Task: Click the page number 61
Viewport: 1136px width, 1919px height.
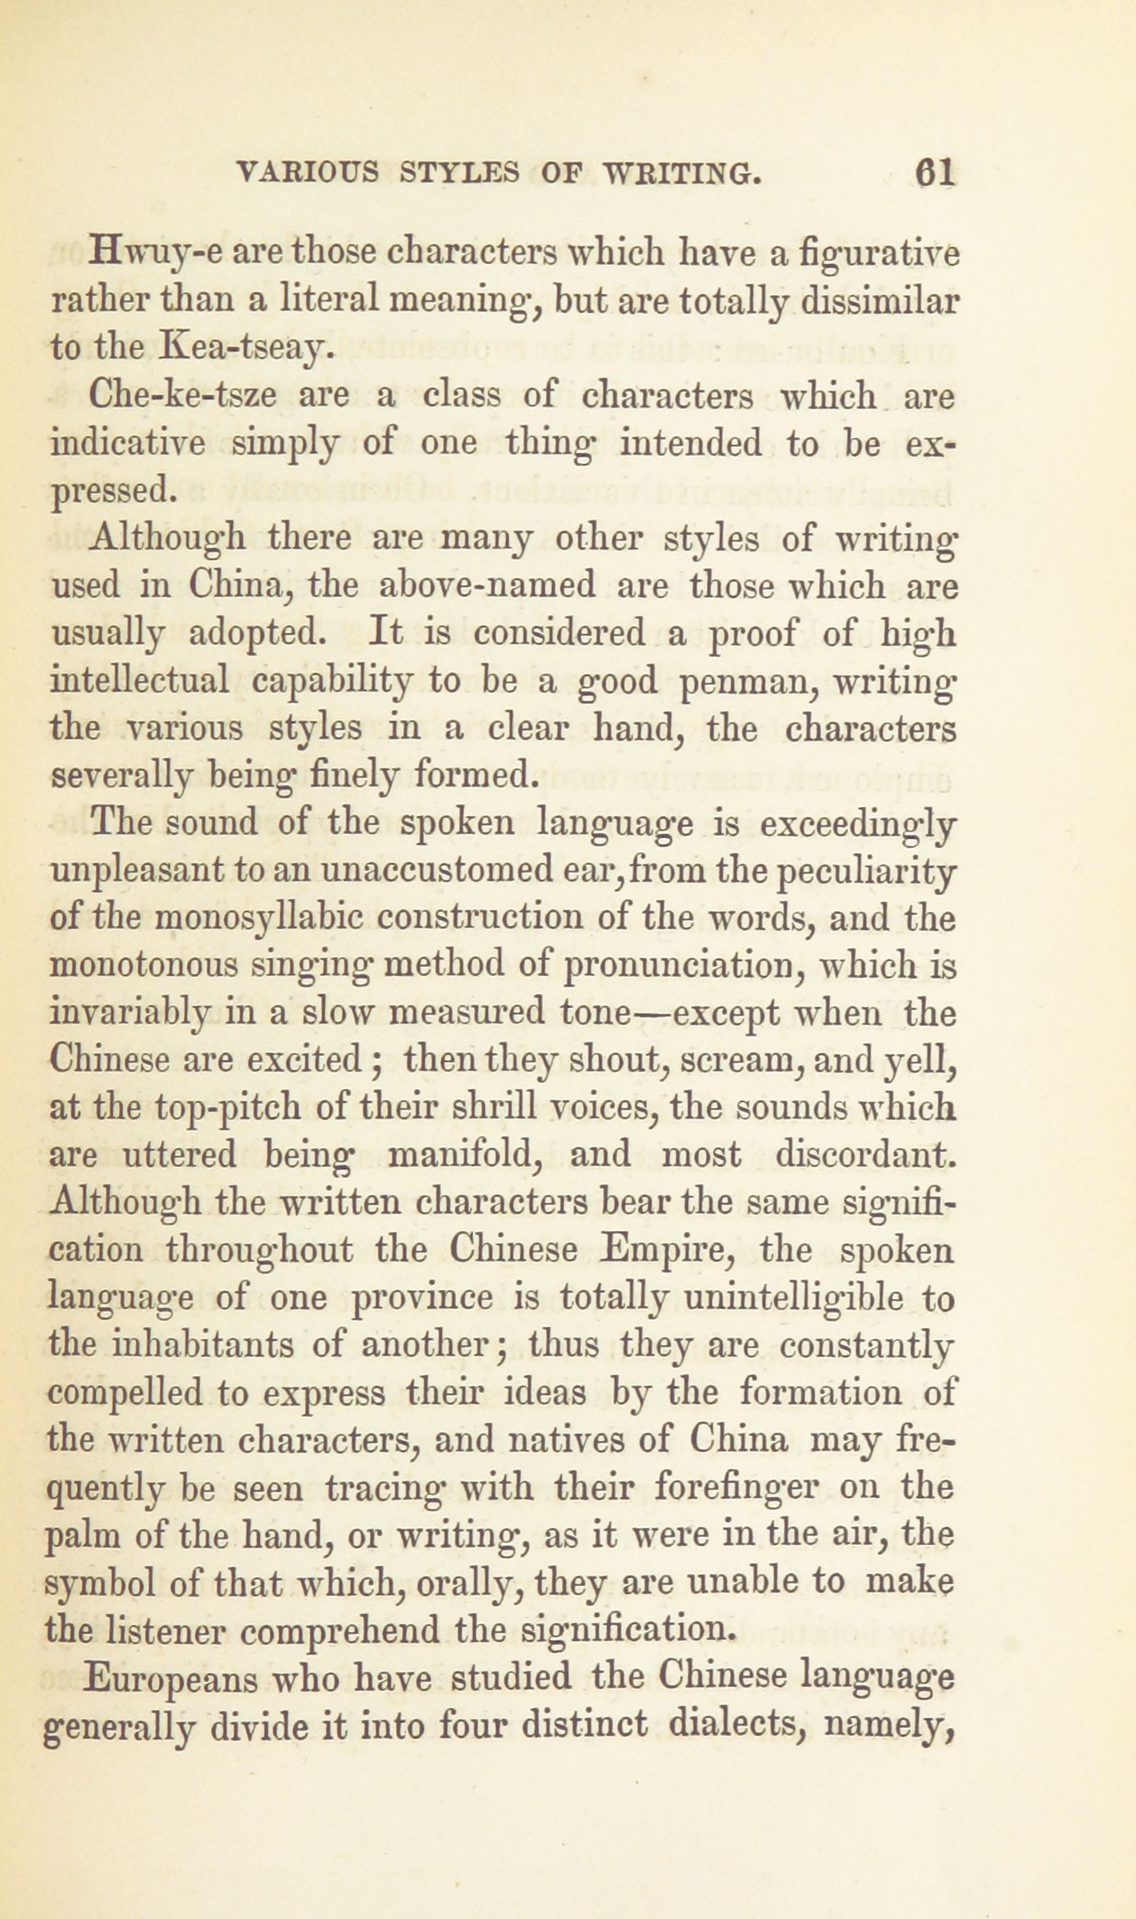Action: click(x=934, y=173)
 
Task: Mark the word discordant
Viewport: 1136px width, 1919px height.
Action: click(x=865, y=1156)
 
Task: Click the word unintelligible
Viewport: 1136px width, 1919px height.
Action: click(x=793, y=1299)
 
